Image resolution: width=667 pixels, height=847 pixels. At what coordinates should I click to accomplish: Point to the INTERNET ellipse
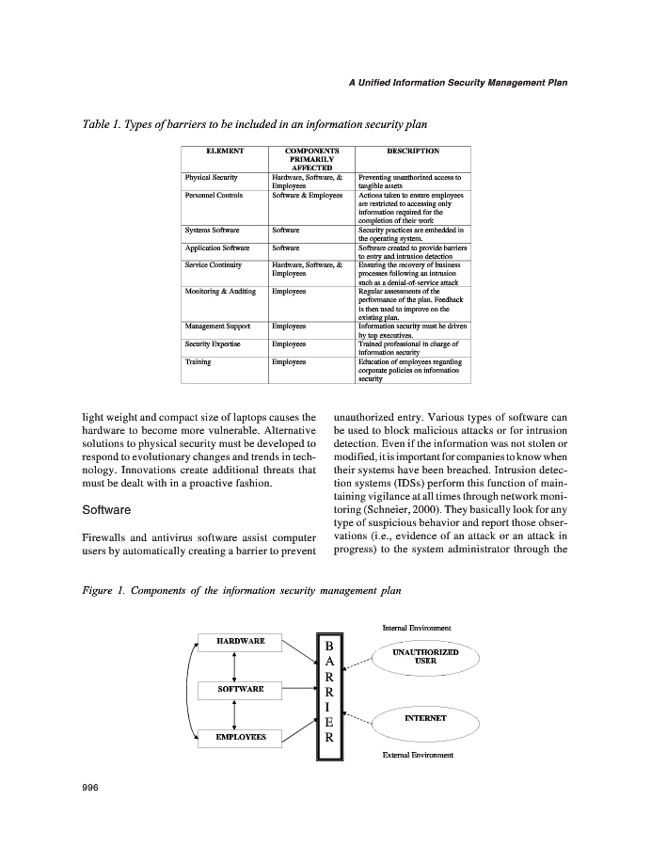[x=425, y=718]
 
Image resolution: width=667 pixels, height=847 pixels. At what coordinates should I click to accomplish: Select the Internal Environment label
[x=417, y=628]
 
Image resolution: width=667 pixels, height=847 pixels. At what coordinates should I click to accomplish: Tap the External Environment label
[x=418, y=755]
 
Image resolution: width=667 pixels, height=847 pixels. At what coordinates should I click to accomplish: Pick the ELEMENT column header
[x=225, y=150]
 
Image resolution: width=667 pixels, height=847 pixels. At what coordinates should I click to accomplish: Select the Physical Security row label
[x=212, y=177]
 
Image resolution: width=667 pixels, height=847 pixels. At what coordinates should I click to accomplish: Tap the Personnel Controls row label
[x=214, y=195]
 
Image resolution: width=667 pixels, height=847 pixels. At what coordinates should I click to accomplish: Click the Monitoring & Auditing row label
[x=220, y=292]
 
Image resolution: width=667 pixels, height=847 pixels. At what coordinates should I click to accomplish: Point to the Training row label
[x=198, y=361]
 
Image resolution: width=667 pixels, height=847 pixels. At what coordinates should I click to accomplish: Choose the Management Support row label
[x=217, y=327]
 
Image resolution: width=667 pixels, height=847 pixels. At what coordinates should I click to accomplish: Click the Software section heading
[x=105, y=511]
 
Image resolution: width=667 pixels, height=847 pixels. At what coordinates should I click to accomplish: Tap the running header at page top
[x=457, y=83]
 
